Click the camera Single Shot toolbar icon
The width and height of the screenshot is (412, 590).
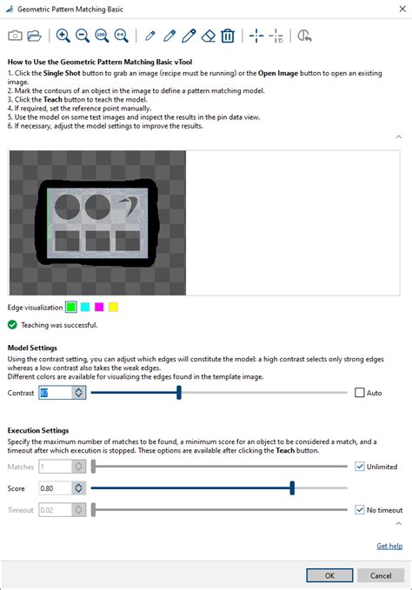tap(16, 36)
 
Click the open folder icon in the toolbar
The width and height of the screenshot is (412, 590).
tap(35, 36)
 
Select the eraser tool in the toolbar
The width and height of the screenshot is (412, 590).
tap(208, 36)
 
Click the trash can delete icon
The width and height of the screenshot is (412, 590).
tap(228, 36)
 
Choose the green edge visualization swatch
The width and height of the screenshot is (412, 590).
tap(71, 307)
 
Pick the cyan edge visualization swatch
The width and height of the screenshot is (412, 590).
tap(85, 307)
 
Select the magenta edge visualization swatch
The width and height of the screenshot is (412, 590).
tap(99, 307)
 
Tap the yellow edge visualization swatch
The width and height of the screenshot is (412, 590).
tap(113, 307)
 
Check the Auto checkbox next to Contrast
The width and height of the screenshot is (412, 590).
tap(360, 393)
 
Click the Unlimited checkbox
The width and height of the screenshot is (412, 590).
tap(360, 467)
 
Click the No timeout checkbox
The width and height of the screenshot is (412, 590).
tap(360, 510)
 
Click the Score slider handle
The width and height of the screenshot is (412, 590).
tap(292, 488)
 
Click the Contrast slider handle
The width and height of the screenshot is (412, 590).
tap(179, 393)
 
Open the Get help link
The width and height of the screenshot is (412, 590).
tap(389, 546)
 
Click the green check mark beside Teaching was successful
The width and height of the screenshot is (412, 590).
tap(12, 325)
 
